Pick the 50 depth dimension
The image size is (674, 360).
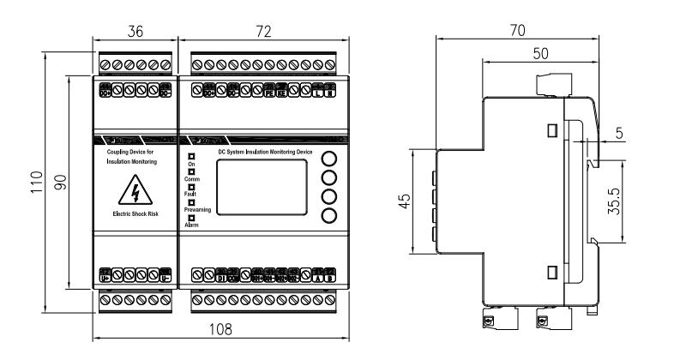tap(540, 52)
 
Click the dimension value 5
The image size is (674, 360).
tap(643, 134)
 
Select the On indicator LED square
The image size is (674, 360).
tap(191, 156)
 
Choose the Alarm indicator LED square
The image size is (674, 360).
tap(191, 218)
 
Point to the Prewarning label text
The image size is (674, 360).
tap(197, 210)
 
